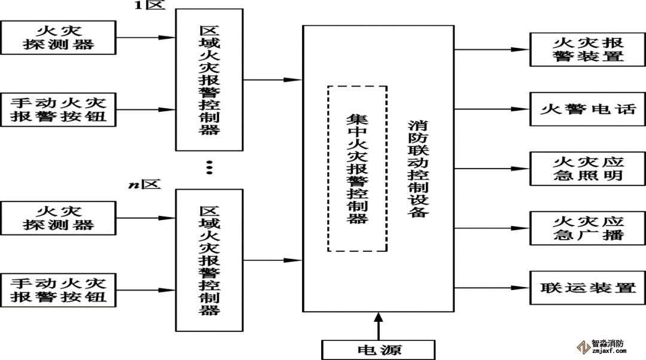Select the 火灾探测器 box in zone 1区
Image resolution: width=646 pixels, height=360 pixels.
pos(58,37)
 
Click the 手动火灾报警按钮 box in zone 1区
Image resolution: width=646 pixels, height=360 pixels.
pos(58,109)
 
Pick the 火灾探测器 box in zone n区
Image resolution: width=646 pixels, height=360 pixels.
pos(58,218)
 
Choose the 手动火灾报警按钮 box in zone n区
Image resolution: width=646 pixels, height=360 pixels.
pos(58,290)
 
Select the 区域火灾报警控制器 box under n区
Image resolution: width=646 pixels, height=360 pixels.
pos(209,260)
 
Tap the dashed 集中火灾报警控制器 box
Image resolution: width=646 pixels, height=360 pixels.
pos(357,169)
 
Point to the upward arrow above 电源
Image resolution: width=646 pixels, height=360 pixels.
pos(378,326)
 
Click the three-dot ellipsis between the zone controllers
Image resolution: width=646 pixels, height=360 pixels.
pos(209,167)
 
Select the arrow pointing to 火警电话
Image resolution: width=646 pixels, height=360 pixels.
pos(490,109)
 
